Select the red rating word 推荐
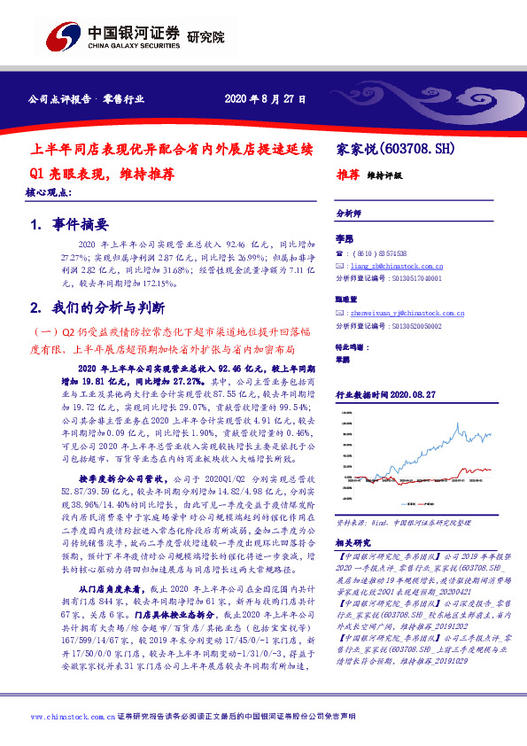coord(347,175)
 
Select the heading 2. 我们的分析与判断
coord(98,308)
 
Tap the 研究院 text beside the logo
coord(206,38)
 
